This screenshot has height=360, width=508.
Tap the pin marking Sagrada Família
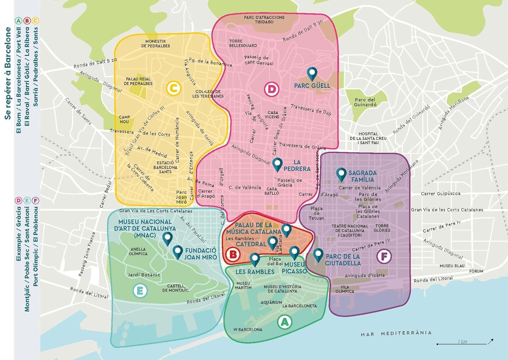tap(341, 174)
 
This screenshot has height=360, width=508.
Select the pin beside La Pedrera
tap(277, 164)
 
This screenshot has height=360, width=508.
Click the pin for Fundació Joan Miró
tap(177, 252)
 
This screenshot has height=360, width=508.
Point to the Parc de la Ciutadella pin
tap(318, 255)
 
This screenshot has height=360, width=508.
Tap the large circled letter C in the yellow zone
tap(173, 89)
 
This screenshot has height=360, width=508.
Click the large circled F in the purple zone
tap(384, 256)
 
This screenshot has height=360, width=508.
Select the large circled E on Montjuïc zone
tap(140, 291)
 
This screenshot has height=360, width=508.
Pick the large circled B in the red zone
tap(233, 254)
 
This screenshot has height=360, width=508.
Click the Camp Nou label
tap(124, 120)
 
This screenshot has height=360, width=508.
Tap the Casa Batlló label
tap(273, 191)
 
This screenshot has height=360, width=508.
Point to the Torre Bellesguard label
tap(243, 43)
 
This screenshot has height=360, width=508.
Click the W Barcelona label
tap(248, 330)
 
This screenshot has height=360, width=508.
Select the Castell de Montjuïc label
tap(175, 288)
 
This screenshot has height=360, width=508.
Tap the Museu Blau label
tap(452, 266)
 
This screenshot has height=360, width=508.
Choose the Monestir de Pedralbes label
tap(155, 44)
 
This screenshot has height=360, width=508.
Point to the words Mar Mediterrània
tap(396, 334)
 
